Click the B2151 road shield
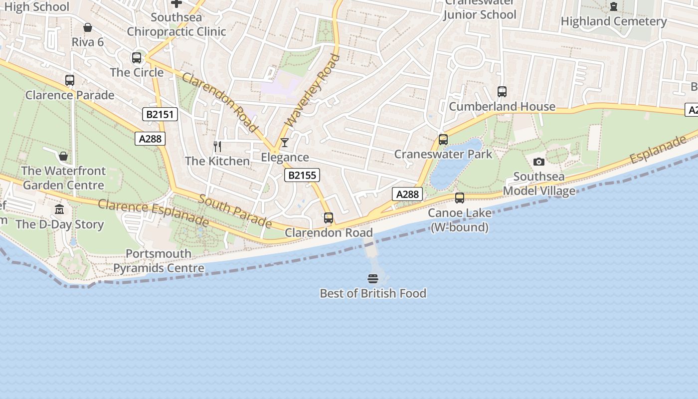point(160,114)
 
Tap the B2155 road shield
point(302,175)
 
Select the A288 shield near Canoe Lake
point(407,194)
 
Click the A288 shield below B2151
point(150,139)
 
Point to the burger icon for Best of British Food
point(373,278)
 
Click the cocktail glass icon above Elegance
point(284,143)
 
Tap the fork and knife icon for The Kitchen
point(217,147)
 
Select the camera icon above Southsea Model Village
point(539,162)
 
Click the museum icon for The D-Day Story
point(59,209)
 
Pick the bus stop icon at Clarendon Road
point(329,218)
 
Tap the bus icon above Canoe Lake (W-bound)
point(460,198)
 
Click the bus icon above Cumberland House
point(502,92)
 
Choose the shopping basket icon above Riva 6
point(88,27)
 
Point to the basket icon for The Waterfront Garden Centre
point(63,156)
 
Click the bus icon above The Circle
point(137,58)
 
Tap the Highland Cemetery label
point(613,21)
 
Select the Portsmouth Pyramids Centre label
point(159,261)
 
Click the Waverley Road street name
point(312,90)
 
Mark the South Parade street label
point(235,211)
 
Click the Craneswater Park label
point(443,154)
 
